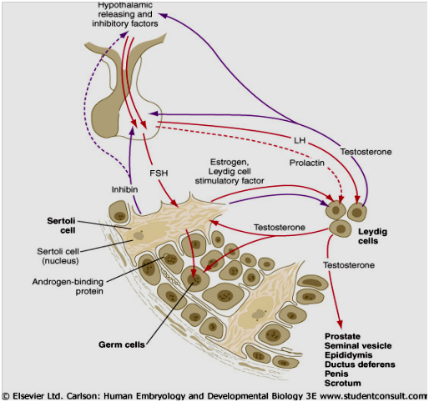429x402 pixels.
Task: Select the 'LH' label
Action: [x=300, y=137]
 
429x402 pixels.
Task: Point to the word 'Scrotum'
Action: [x=344, y=384]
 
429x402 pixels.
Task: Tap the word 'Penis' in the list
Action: [x=338, y=374]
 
